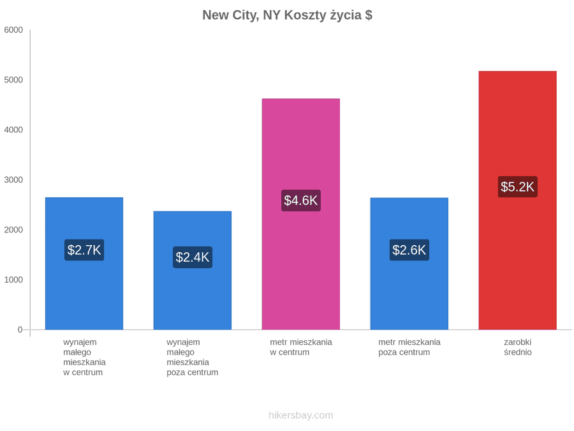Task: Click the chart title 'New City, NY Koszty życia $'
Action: tap(288, 15)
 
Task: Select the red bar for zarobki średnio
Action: tap(518, 200)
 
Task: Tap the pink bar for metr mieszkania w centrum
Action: tap(301, 214)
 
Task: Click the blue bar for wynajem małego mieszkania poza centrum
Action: tap(193, 270)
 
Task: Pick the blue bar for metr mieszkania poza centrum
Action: tap(409, 264)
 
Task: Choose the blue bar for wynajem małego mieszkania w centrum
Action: tap(84, 264)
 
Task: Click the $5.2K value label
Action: tap(518, 187)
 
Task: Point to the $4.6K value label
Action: tap(301, 200)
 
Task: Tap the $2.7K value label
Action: tap(84, 250)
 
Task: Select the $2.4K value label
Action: tap(193, 257)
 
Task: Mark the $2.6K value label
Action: tap(409, 250)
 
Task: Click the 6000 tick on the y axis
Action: tap(13, 30)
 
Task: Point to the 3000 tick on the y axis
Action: tap(13, 180)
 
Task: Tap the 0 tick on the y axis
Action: tap(20, 330)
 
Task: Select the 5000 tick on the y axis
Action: tap(13, 80)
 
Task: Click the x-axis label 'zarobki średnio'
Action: tap(518, 347)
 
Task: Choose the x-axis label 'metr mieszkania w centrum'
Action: tap(301, 347)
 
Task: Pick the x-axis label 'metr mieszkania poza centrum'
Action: tap(409, 347)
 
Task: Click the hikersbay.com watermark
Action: tap(301, 415)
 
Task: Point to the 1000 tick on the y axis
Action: tap(13, 280)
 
